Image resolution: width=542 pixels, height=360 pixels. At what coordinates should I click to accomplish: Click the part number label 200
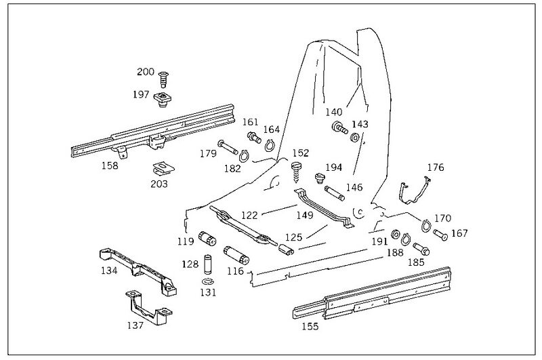click(146, 71)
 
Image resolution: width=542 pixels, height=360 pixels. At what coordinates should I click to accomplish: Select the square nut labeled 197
click(162, 99)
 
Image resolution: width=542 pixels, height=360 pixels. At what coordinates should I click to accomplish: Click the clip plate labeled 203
click(161, 167)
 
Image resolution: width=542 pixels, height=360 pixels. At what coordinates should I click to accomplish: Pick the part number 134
click(109, 270)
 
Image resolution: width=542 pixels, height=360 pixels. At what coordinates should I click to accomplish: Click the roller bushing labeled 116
click(237, 254)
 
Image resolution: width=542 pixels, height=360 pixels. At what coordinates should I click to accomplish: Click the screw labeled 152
click(296, 169)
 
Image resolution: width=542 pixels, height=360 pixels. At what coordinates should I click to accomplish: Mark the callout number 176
click(435, 167)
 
